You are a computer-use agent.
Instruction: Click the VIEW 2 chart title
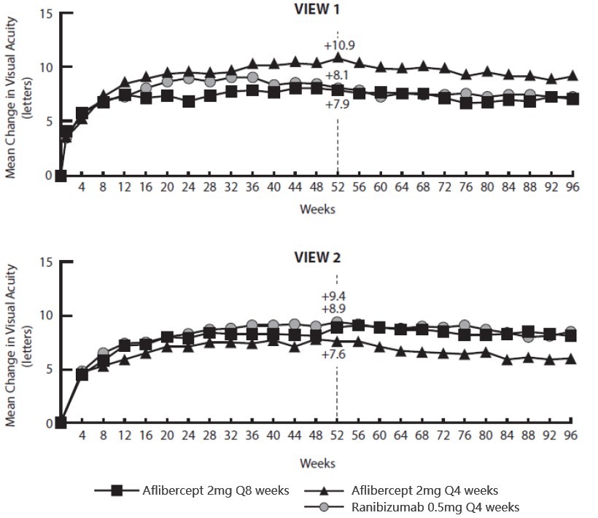tap(317, 257)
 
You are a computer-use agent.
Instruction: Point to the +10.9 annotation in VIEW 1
tap(338, 42)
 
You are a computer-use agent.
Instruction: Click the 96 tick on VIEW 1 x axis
tap(572, 186)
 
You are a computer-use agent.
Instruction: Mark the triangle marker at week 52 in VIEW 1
tap(337, 58)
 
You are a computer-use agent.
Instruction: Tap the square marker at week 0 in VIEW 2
tap(61, 423)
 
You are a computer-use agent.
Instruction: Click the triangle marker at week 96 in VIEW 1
tap(572, 76)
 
